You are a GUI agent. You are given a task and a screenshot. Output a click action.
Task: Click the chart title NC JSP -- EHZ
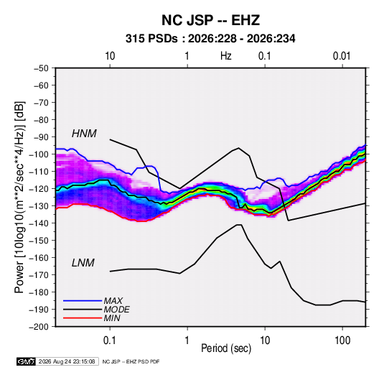(210, 20)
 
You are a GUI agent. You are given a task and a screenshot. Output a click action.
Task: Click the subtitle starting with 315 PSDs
(210, 39)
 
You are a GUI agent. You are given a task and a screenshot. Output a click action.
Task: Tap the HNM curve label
(84, 134)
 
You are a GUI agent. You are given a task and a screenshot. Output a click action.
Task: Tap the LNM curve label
(83, 263)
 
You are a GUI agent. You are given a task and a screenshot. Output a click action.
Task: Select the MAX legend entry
(113, 300)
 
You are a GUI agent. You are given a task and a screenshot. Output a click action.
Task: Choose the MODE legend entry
(116, 310)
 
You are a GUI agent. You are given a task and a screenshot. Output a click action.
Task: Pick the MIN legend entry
(112, 318)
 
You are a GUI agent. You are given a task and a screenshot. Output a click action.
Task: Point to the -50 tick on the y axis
(41, 68)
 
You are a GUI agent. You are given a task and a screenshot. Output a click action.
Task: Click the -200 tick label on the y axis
(39, 327)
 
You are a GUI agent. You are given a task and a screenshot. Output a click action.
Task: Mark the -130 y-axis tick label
(39, 206)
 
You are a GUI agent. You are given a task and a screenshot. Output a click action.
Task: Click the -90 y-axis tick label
(41, 136)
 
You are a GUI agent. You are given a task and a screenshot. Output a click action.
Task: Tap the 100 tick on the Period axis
(342, 340)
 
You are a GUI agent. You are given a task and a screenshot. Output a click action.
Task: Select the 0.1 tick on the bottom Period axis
(110, 340)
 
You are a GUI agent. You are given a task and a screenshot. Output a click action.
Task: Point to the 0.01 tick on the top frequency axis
(342, 56)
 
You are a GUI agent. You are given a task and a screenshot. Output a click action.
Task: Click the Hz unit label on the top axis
(226, 56)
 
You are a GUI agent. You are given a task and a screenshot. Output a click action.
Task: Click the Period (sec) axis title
(226, 348)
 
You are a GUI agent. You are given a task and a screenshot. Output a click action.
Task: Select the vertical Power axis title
(19, 198)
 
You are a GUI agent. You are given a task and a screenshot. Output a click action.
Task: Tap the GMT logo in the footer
(26, 361)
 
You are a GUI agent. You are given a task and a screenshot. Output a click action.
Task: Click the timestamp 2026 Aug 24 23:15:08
(67, 361)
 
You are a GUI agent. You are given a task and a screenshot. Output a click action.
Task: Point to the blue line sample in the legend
(83, 300)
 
